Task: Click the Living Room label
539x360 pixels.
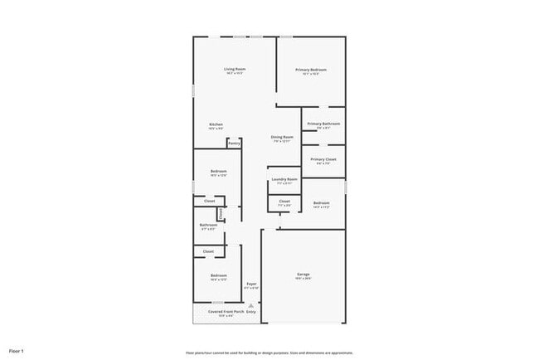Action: coord(235,70)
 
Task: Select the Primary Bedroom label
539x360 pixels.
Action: coord(311,70)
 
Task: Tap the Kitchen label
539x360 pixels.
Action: coord(216,124)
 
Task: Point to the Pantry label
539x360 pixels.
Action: coord(234,143)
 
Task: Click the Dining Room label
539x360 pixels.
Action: coord(282,137)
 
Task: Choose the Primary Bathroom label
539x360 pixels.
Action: coord(323,124)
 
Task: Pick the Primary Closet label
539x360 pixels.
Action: coord(323,159)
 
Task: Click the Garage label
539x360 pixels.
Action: coord(303,275)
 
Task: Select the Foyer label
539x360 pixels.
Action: coord(250,285)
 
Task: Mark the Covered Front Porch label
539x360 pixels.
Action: coord(214,311)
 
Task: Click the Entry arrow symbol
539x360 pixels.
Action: coord(250,305)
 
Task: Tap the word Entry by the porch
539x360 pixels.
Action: coord(250,312)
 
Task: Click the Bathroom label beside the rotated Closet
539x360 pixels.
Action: coord(208,225)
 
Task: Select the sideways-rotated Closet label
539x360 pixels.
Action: coord(221,215)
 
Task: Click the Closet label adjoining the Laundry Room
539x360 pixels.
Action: coord(284,201)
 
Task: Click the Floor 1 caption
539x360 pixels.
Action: coord(17,351)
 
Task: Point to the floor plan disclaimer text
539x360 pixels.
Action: coord(269,351)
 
